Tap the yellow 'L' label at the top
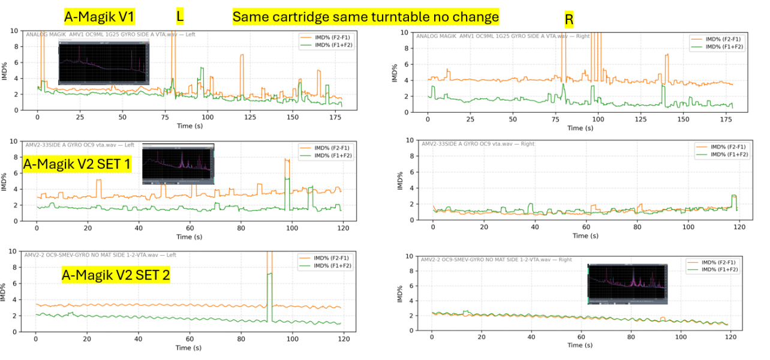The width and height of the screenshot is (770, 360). click(x=180, y=16)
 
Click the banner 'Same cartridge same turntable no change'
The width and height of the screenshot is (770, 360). click(x=365, y=17)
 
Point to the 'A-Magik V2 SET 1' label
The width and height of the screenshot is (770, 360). click(x=77, y=163)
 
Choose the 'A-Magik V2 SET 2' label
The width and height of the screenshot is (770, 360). click(x=116, y=275)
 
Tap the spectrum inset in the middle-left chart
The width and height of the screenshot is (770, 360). click(x=178, y=164)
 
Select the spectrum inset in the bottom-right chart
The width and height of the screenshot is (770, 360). click(x=627, y=284)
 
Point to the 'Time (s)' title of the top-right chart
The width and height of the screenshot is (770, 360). click(x=575, y=128)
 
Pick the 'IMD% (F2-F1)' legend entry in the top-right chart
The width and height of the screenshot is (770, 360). click(x=723, y=38)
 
